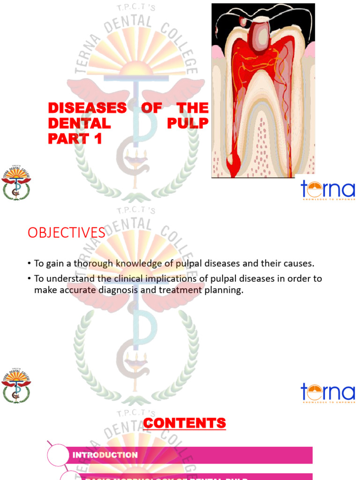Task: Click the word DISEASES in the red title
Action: pyautogui.click(x=87, y=108)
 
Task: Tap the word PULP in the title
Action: pyautogui.click(x=187, y=123)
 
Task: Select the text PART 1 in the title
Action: pyautogui.click(x=75, y=139)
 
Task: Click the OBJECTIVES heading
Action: pyautogui.click(x=67, y=232)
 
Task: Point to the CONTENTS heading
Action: pyautogui.click(x=184, y=424)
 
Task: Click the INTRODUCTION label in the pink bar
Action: pyautogui.click(x=105, y=455)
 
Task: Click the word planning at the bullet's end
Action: pyautogui.click(x=224, y=290)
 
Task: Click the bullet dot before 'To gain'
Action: pyautogui.click(x=30, y=264)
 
